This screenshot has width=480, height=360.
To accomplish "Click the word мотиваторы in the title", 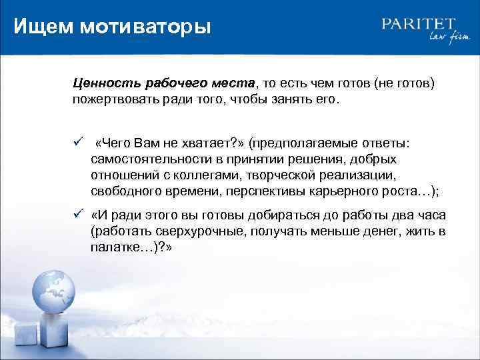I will click(x=145, y=27).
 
